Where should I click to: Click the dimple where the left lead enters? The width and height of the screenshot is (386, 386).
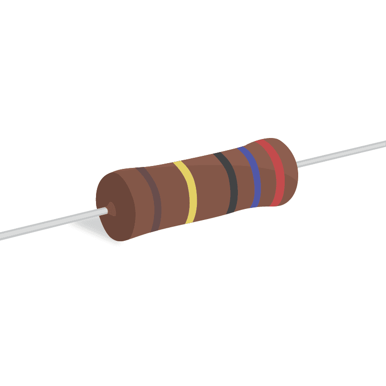pos(111,209)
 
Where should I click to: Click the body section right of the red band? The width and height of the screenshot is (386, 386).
pos(289,169)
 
